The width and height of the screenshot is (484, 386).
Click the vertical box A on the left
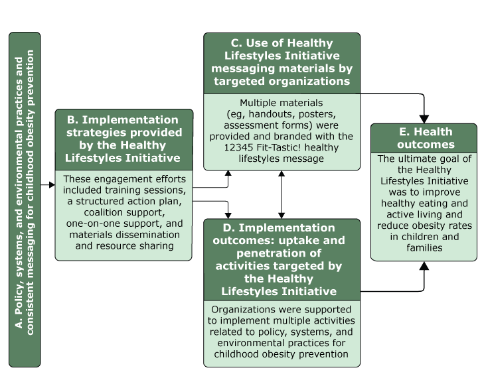click(x=25, y=200)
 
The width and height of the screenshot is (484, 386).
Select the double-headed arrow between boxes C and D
click(x=282, y=194)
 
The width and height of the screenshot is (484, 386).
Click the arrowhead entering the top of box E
click(x=424, y=117)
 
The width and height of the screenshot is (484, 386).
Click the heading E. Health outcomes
click(x=424, y=139)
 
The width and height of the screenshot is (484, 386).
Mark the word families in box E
click(x=424, y=247)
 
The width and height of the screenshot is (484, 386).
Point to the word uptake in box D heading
click(x=309, y=241)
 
